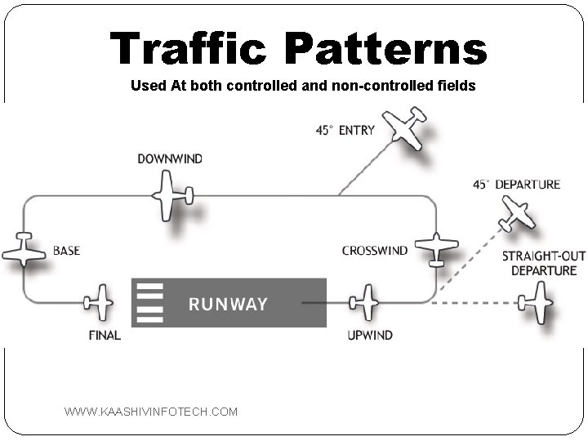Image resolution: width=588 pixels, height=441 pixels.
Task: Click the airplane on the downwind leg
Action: [171, 195]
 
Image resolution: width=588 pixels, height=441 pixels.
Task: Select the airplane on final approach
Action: [100, 302]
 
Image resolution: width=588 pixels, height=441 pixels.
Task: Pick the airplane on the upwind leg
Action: [364, 302]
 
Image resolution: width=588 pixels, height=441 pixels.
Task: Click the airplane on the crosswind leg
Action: [436, 247]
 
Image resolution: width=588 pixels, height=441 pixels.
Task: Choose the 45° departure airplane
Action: [516, 212]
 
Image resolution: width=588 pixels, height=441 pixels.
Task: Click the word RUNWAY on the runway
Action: [228, 305]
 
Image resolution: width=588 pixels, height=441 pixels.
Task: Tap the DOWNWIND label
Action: [170, 158]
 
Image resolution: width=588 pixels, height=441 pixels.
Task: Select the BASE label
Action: [66, 251]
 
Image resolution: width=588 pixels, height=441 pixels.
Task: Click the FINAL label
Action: [105, 335]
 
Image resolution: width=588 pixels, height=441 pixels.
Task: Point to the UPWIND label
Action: [369, 335]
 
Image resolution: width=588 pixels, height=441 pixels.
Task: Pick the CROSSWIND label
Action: [375, 251]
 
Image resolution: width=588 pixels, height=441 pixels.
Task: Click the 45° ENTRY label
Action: [345, 130]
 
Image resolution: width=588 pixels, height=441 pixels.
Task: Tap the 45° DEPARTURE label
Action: [516, 185]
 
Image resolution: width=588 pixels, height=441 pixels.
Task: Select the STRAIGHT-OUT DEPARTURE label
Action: [544, 263]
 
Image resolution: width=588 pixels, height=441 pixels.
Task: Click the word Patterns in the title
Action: [385, 49]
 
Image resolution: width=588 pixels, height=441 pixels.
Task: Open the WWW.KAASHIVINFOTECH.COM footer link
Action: [151, 412]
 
